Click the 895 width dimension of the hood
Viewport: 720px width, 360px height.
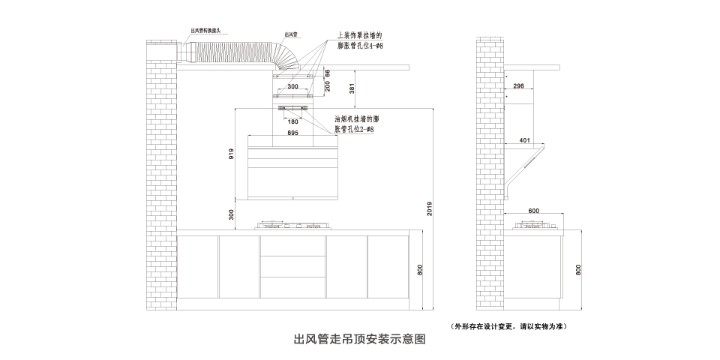[293, 132]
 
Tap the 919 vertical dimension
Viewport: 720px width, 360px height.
[231, 155]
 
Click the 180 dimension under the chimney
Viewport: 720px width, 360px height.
[293, 121]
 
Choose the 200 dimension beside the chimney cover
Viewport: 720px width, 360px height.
[327, 86]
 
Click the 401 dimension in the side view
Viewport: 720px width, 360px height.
[524, 139]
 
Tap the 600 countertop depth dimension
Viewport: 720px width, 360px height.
[534, 211]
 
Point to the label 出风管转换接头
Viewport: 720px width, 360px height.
[210, 31]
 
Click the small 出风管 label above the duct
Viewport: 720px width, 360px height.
[292, 34]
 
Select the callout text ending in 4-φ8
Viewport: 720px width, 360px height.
[360, 41]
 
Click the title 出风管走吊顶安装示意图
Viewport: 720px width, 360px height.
[359, 339]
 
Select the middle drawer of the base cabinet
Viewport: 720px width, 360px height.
[293, 268]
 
